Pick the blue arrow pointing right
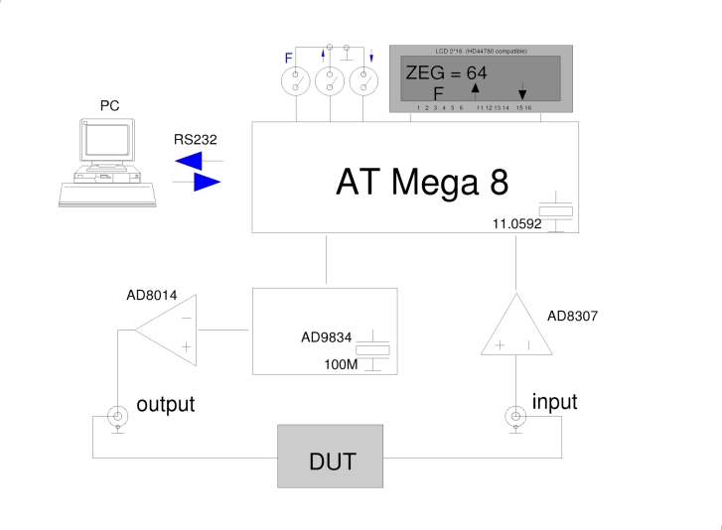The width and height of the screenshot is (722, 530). [x=205, y=183]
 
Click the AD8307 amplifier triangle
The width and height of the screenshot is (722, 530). [x=518, y=327]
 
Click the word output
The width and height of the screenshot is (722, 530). [x=165, y=405]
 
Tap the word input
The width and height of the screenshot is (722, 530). [x=554, y=402]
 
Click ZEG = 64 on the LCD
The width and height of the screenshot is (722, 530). [x=445, y=71]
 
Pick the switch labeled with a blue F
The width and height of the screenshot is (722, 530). [x=297, y=82]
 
